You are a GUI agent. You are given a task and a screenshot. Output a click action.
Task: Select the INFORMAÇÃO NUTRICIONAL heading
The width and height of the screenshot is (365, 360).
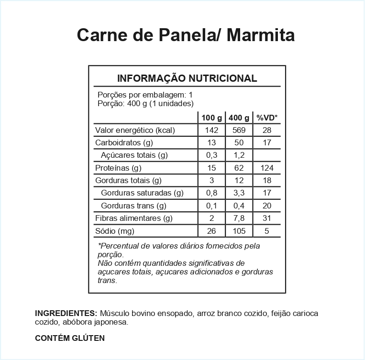(x=187, y=78)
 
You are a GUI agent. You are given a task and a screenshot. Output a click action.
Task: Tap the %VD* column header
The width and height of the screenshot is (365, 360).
(x=267, y=118)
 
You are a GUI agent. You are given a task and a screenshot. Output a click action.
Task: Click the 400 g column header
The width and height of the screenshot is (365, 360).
(x=239, y=118)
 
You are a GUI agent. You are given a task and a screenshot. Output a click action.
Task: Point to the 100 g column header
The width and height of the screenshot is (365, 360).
(x=211, y=118)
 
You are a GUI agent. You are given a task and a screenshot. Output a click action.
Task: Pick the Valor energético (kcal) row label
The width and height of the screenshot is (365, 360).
(x=135, y=130)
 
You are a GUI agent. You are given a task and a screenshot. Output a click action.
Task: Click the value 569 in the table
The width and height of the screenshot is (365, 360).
(x=239, y=130)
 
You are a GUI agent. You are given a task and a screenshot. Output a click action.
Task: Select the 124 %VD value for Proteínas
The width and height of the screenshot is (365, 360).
(x=267, y=168)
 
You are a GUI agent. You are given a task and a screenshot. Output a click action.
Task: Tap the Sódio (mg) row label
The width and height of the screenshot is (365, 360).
(x=114, y=231)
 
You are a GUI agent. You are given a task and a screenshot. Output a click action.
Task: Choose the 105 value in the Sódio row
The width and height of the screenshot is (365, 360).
(x=239, y=231)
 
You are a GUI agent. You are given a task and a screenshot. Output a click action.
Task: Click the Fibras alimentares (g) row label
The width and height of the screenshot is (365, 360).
(x=134, y=218)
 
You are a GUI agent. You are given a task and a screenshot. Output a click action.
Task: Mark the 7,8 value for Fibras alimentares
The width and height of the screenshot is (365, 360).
(x=239, y=218)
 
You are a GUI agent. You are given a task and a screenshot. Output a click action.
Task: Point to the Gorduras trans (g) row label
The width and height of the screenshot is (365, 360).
(x=133, y=206)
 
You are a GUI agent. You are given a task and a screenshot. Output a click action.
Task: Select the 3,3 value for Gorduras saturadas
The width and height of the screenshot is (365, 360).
(x=239, y=193)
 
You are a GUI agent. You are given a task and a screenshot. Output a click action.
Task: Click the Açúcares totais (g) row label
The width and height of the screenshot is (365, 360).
(x=134, y=155)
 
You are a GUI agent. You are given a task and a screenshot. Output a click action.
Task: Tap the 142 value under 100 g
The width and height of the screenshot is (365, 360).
(x=211, y=130)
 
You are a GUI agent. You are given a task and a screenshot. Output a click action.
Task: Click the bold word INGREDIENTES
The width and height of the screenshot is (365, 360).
(x=66, y=313)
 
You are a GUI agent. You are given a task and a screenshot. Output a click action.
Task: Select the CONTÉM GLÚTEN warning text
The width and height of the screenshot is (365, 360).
(x=70, y=338)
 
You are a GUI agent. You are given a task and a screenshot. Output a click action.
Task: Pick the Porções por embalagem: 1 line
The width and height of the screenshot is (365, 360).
(x=145, y=95)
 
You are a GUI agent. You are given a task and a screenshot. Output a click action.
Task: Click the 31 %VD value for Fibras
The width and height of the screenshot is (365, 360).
(x=267, y=218)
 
